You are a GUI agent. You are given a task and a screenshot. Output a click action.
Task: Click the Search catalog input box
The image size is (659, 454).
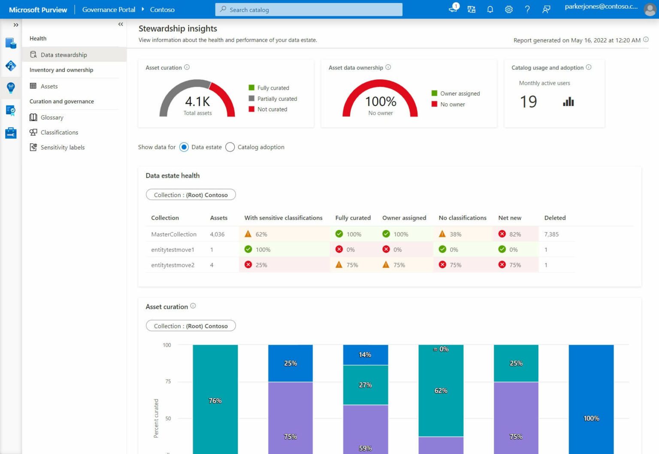[309, 9]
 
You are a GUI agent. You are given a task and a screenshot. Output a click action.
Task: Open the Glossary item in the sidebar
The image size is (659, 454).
[52, 118]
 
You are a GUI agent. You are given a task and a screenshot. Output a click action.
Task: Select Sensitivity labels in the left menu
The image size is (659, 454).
[62, 147]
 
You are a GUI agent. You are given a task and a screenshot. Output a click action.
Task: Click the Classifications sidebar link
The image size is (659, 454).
[59, 133]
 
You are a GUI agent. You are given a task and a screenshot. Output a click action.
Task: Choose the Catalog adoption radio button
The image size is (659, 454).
[230, 147]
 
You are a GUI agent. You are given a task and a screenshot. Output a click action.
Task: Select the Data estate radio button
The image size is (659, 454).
[184, 147]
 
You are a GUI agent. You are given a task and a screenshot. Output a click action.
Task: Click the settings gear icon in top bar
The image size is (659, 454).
[508, 9]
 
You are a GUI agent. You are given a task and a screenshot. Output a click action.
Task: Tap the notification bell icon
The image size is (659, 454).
[490, 9]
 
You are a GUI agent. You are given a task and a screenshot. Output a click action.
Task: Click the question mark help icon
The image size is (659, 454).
[527, 9]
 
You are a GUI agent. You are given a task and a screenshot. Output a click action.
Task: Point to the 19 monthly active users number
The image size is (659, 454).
[528, 102]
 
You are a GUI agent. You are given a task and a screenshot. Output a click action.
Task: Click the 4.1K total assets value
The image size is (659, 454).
[197, 102]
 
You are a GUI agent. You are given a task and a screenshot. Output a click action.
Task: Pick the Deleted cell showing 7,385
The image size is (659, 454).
[551, 234]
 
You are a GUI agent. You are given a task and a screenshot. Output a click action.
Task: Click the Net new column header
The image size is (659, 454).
[510, 218]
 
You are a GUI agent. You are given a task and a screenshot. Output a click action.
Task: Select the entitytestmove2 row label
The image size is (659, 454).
[172, 265]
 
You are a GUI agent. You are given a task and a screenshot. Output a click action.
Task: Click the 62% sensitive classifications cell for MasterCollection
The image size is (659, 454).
[261, 234]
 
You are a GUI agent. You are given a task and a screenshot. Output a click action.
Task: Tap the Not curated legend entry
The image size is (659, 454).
[272, 109]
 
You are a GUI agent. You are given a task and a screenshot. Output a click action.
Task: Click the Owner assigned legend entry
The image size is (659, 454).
[459, 94]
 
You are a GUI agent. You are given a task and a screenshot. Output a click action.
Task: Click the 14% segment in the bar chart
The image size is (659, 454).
[365, 355]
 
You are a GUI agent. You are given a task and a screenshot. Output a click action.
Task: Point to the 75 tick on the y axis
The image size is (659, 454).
[168, 381]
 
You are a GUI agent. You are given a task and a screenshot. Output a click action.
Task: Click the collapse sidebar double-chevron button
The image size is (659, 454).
[121, 24]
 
